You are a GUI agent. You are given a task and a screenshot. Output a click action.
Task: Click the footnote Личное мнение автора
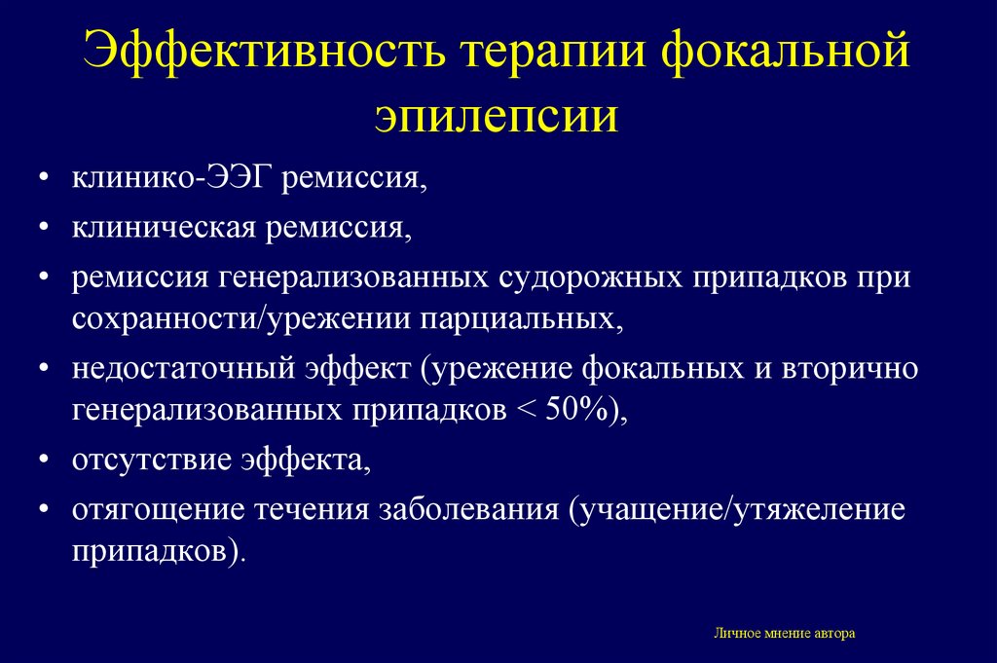(785, 633)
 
